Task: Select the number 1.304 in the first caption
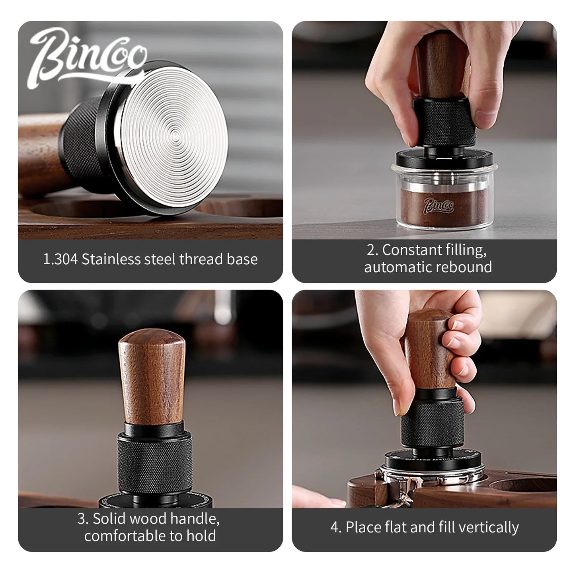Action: [60, 259]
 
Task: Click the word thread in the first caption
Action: [201, 259]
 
